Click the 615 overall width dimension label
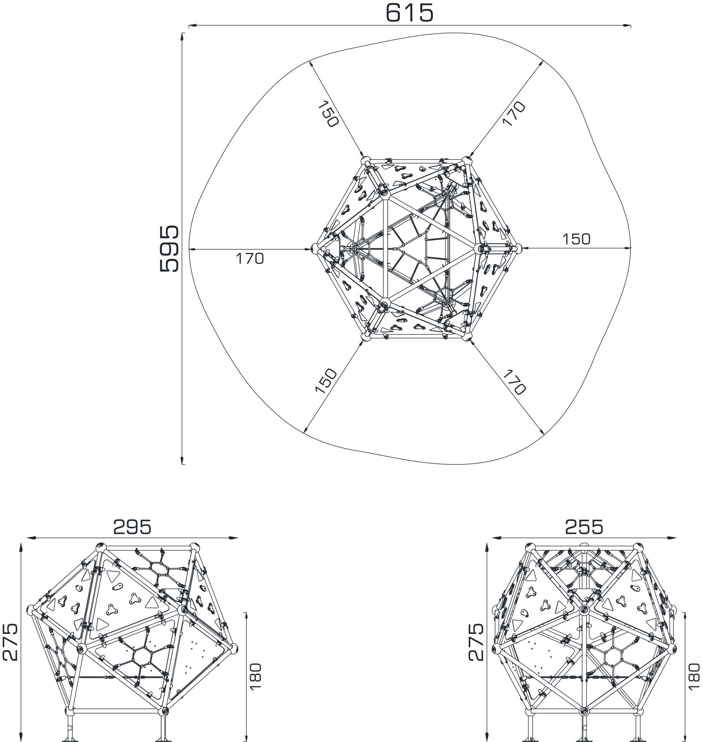(x=409, y=13)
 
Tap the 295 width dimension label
(x=132, y=527)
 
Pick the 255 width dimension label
(x=584, y=527)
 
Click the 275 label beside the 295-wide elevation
(x=10, y=642)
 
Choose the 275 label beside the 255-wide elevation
(x=476, y=642)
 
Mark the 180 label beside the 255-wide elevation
(x=694, y=676)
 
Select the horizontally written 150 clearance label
(x=576, y=239)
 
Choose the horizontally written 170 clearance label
(x=250, y=258)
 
